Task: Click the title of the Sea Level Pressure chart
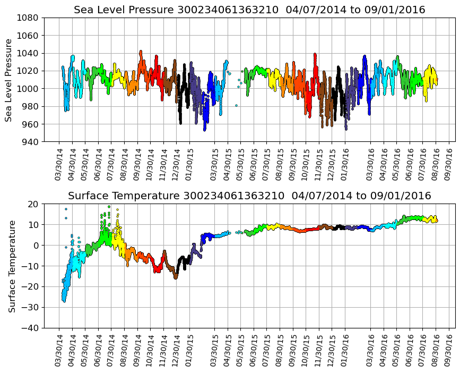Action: tap(249, 10)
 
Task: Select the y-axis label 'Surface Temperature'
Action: tap(11, 266)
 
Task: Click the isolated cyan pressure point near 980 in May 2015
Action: tap(236, 105)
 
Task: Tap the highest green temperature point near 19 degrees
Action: tap(109, 207)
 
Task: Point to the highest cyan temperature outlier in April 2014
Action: tap(66, 209)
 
